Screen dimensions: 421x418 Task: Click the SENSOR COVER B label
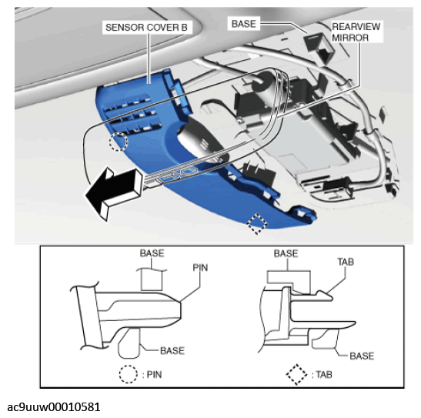(x=146, y=27)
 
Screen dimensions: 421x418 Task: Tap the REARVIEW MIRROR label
(x=356, y=32)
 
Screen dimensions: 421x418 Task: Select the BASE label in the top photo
(x=243, y=24)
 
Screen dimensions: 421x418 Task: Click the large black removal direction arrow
(x=114, y=192)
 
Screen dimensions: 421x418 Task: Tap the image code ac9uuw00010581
(x=54, y=407)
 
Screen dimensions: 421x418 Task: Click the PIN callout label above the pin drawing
(x=200, y=267)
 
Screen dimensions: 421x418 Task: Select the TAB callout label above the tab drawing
(x=346, y=262)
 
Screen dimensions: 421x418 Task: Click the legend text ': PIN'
(x=152, y=375)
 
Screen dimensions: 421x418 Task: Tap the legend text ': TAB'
(x=322, y=375)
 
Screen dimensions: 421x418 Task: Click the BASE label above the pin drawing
(x=152, y=253)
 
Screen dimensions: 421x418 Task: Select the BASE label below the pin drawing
(x=172, y=350)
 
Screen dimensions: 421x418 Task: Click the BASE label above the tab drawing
(x=286, y=253)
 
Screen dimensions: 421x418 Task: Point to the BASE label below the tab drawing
(x=362, y=356)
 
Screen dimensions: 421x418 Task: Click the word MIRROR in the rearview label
(x=350, y=38)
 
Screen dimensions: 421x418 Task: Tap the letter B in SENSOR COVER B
(x=184, y=27)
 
